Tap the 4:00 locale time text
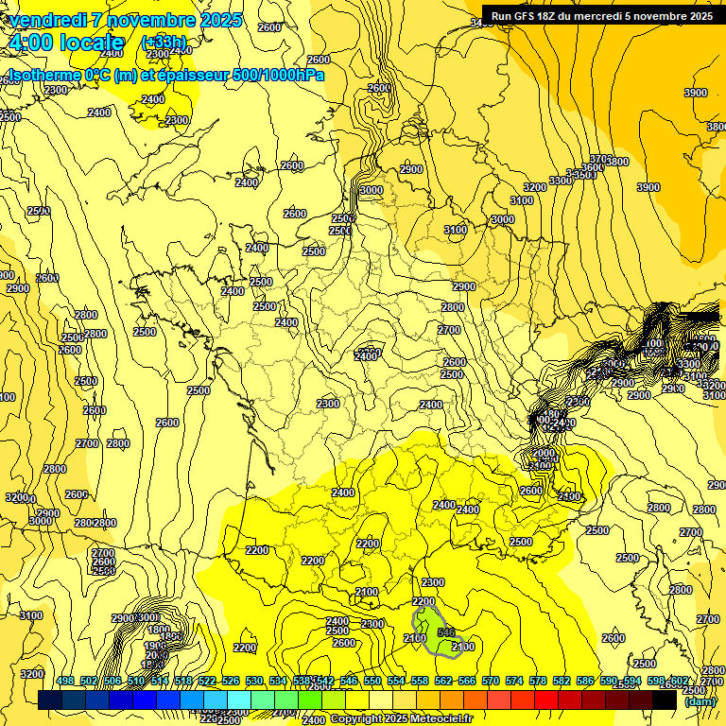(x=65, y=43)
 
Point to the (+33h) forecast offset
(x=164, y=43)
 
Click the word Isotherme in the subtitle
(x=43, y=75)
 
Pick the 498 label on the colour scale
(x=65, y=681)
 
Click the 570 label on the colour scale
(x=490, y=681)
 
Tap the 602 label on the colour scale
(x=678, y=681)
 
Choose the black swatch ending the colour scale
(x=665, y=700)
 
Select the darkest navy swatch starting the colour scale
(x=50, y=700)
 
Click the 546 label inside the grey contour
(x=447, y=631)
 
